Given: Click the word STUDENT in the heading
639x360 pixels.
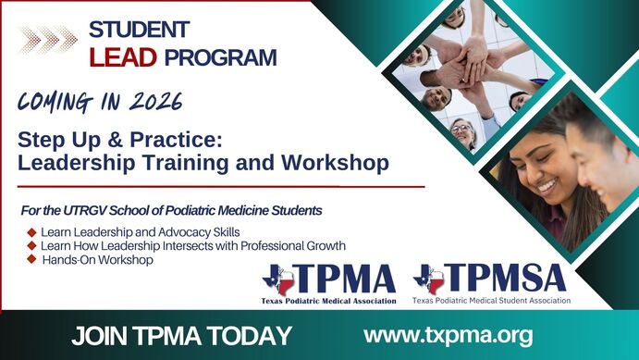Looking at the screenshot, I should [139, 30].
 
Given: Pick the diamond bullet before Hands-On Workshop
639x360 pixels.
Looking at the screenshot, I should [32, 260].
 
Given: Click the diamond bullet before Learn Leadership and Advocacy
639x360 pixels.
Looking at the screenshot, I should [32, 231].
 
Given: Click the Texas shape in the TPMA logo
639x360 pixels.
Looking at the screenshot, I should [278, 279].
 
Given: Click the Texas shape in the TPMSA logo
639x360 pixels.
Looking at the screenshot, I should [429, 279].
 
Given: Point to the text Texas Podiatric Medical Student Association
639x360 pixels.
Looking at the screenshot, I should [491, 301].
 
